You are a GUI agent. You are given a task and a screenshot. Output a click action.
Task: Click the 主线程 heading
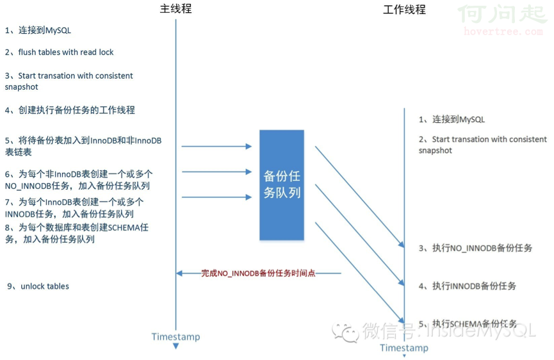click(175, 8)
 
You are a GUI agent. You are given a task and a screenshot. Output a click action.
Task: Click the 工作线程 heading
click(404, 10)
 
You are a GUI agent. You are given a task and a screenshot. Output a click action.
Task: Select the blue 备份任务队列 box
click(282, 185)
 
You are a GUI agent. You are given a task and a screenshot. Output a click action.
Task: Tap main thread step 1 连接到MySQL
click(38, 30)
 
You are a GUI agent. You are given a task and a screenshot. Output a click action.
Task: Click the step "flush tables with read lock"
click(59, 53)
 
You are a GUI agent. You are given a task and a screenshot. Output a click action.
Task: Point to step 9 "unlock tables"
click(38, 286)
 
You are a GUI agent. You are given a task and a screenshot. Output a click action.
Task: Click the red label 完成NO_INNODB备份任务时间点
click(258, 273)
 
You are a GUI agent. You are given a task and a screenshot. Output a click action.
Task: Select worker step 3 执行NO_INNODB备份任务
click(475, 248)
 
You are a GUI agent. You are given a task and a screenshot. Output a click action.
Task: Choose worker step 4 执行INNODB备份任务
click(467, 286)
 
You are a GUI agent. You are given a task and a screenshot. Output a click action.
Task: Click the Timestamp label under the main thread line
click(175, 337)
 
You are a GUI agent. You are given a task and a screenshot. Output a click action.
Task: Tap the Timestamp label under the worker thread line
click(404, 348)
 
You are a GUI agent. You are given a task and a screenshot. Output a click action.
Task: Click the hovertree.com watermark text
click(503, 31)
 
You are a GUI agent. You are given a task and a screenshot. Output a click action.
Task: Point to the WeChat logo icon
click(345, 332)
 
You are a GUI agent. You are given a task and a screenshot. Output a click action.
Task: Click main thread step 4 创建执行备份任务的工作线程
click(70, 110)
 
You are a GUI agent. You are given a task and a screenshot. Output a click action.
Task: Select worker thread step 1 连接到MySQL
click(452, 119)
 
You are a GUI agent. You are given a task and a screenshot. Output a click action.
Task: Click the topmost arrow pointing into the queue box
click(216, 146)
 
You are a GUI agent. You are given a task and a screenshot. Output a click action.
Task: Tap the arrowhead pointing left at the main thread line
click(179, 273)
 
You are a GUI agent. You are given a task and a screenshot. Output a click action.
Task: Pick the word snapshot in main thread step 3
click(21, 87)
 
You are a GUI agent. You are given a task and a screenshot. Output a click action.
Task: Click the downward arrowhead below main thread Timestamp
click(175, 346)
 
